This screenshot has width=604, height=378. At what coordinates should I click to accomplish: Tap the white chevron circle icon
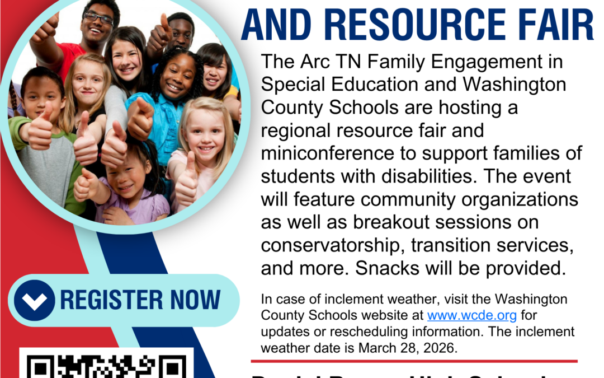pyautogui.click(x=35, y=300)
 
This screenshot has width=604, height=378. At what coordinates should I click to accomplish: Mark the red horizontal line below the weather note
pyautogui.click(x=414, y=361)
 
